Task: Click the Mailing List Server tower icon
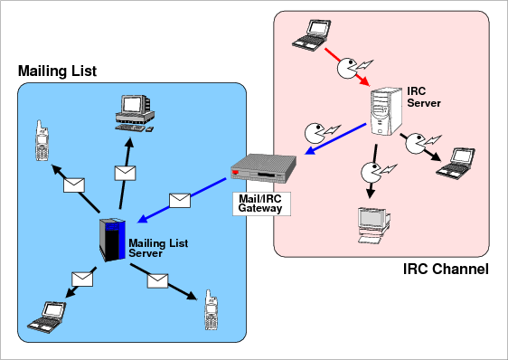[112, 240]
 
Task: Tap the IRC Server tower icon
[386, 111]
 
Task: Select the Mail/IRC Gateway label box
[261, 204]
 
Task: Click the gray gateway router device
[263, 169]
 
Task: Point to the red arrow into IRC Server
[347, 67]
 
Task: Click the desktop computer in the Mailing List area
[135, 113]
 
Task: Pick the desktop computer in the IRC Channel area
[373, 225]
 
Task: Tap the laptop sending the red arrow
[312, 35]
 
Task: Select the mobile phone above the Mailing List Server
[42, 141]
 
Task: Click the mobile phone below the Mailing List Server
[212, 309]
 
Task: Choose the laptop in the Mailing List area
[47, 317]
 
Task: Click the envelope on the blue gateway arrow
[180, 201]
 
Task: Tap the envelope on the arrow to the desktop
[125, 173]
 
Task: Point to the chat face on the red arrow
[347, 69]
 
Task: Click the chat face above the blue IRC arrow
[314, 133]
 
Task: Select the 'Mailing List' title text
[57, 71]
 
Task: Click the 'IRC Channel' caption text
[446, 269]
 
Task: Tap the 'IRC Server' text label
[424, 97]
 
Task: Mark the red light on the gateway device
[236, 172]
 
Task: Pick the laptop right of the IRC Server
[456, 163]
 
